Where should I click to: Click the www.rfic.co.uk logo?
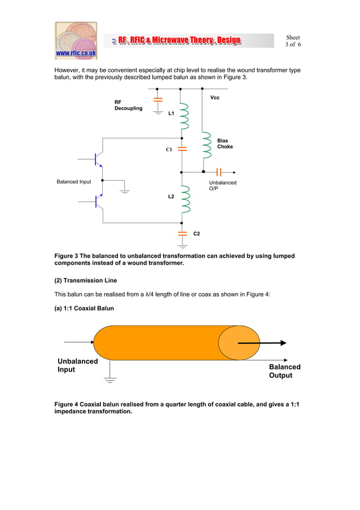pos(76,41)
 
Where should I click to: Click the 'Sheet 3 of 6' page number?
pos(293,41)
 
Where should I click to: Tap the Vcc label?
pos(214,98)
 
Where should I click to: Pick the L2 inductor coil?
pos(183,197)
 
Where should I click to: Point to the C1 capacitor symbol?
pos(182,149)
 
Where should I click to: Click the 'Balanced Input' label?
pos(74,182)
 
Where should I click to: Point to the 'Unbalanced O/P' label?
pos(223,186)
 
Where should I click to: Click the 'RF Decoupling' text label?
pos(129,105)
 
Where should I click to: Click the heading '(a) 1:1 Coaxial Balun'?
pos(84,308)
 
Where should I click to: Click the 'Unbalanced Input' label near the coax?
pos(77,365)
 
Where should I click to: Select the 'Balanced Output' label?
pos(284,371)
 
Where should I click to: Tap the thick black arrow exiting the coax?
pos(262,343)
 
